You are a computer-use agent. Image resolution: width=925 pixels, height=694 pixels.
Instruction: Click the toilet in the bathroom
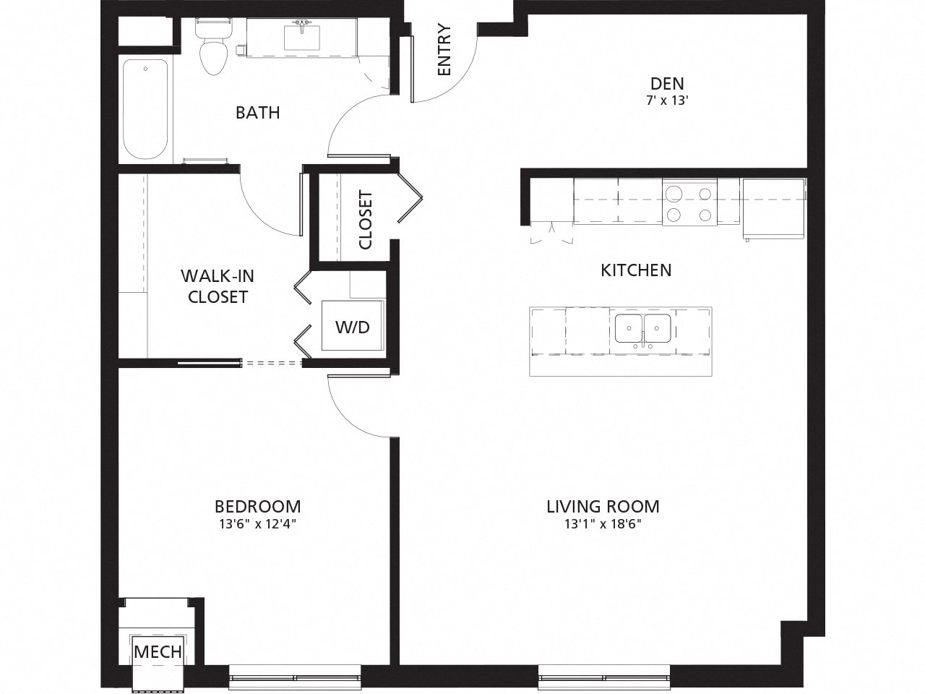coord(212,48)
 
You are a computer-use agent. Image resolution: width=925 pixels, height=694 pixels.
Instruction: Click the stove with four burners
coord(689,203)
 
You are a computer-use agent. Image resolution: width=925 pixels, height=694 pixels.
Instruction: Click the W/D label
coord(352,327)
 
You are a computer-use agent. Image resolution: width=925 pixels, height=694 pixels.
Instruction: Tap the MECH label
coord(158,651)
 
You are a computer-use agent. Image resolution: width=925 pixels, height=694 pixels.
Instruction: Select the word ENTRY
coord(444,50)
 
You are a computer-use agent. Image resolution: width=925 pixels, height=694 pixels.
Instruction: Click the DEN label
coord(666,83)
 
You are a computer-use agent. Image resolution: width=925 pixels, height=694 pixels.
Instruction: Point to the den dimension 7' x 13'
coord(666,101)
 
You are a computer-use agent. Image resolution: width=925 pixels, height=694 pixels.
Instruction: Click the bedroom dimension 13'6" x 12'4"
coord(257,524)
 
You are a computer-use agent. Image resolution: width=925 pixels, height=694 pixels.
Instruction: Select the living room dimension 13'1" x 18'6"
coord(603,524)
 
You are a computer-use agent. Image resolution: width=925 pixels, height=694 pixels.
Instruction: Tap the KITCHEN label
coord(636,270)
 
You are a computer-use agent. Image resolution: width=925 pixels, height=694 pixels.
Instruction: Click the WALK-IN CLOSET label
coord(218,286)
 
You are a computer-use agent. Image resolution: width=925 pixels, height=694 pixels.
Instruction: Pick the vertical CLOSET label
coord(365,220)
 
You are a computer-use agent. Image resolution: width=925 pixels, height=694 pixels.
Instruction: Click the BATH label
coord(257,113)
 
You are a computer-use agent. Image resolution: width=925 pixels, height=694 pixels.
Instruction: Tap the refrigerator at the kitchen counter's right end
coord(773,207)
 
